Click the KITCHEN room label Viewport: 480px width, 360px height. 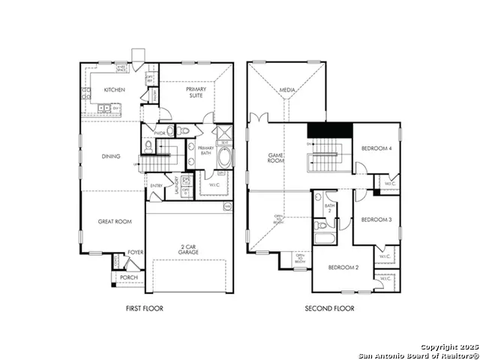tap(114, 90)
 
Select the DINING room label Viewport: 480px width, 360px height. tap(112, 156)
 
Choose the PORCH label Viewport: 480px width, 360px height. tap(128, 277)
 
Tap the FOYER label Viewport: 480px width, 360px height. tap(135, 253)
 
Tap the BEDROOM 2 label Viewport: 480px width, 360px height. tap(344, 267)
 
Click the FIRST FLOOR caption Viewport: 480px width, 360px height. tap(144, 308)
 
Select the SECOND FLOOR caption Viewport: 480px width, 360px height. tap(329, 308)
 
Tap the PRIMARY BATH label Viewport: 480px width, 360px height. tap(206, 150)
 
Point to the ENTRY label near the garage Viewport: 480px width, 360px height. tap(156, 185)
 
